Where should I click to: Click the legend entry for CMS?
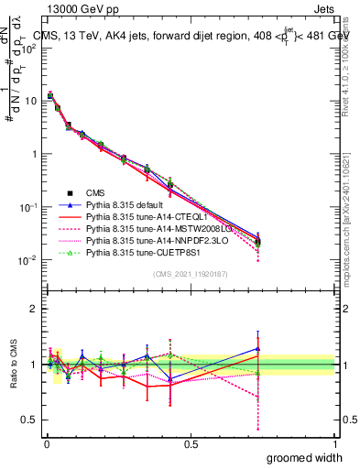[96, 192]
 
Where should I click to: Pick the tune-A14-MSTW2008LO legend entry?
[147, 234]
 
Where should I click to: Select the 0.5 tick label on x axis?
[190, 442]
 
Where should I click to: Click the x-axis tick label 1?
[335, 442]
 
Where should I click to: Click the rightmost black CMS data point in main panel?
[257, 242]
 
